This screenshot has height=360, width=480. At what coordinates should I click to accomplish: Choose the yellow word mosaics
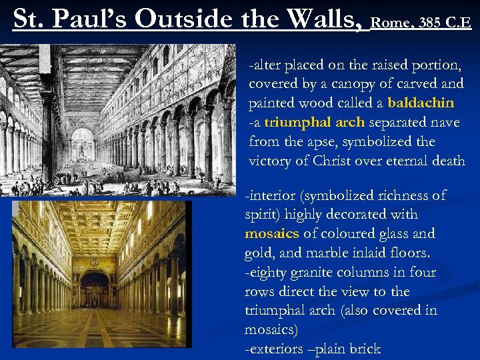[x=272, y=233]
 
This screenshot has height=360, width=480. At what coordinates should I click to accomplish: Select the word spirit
[x=262, y=214]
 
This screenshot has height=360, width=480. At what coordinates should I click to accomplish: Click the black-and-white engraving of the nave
[x=118, y=120]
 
